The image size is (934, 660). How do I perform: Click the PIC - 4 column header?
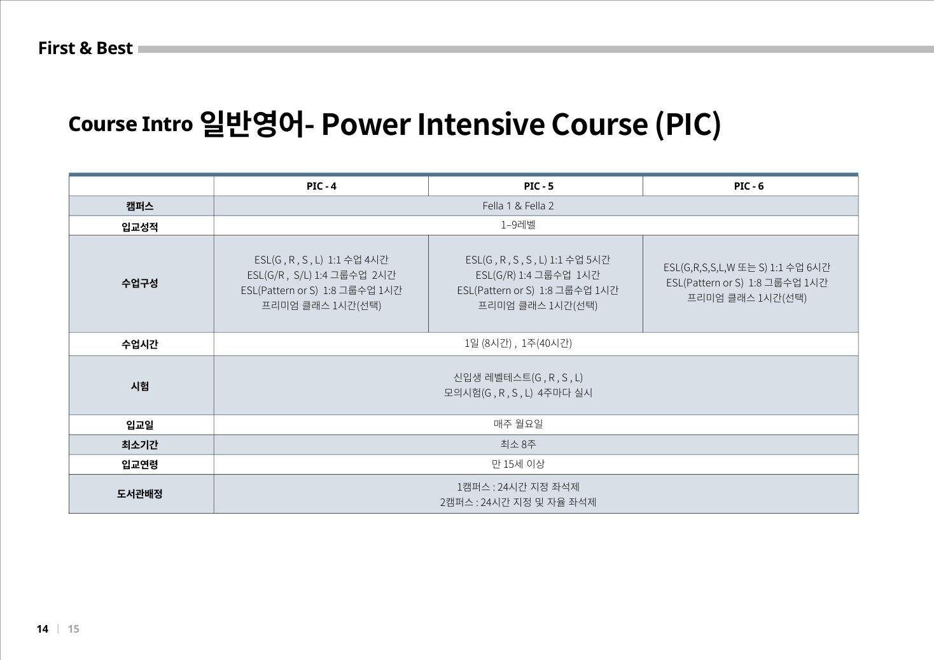[x=321, y=186]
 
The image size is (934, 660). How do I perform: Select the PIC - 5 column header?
[x=538, y=186]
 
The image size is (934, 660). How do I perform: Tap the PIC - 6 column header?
[x=748, y=186]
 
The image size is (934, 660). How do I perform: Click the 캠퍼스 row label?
[x=140, y=206]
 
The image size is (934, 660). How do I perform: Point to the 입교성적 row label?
[x=140, y=227]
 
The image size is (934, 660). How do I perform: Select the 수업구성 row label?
[x=140, y=283]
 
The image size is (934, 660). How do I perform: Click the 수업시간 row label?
[x=140, y=344]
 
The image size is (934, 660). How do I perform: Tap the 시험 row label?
[x=140, y=386]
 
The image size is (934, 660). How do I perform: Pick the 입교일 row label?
[x=140, y=425]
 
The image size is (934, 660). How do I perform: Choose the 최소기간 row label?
[x=140, y=445]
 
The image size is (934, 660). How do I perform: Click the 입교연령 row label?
[x=140, y=465]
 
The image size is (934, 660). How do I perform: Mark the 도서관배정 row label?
[x=140, y=494]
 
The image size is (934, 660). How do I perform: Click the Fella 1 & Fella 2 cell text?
[x=518, y=206]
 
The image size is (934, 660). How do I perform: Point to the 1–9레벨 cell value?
[x=518, y=225]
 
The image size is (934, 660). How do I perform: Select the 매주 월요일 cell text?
[x=518, y=424]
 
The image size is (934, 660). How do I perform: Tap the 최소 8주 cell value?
[x=518, y=444]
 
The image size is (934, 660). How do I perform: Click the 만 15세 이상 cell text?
[x=518, y=464]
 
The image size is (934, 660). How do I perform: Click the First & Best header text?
[x=85, y=48]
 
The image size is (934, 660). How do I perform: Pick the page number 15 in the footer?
[x=73, y=629]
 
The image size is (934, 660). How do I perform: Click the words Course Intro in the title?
[x=130, y=124]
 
